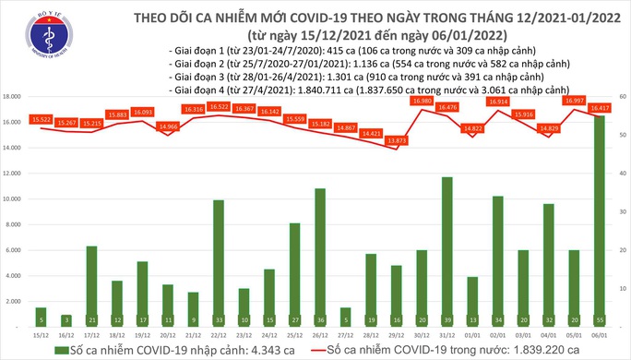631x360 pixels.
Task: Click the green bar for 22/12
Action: tap(219, 263)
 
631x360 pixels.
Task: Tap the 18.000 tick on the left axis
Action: tap(13, 96)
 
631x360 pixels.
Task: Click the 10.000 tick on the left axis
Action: tap(13, 198)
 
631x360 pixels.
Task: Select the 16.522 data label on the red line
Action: tap(219, 106)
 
